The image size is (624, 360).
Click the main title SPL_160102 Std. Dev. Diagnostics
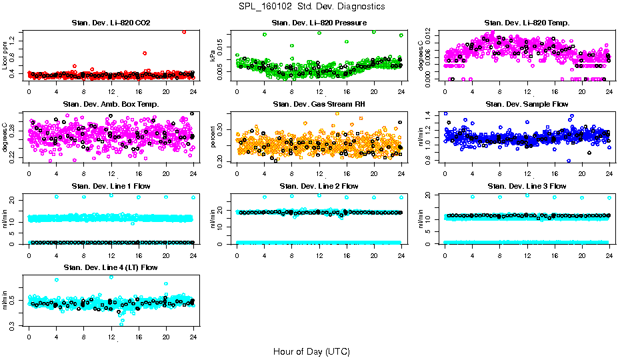coord(311,6)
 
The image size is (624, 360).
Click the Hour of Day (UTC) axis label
coord(311,351)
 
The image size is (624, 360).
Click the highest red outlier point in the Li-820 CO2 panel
coord(184,31)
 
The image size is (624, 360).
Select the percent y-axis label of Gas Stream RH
coord(213,139)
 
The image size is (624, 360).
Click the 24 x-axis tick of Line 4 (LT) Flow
coord(193,337)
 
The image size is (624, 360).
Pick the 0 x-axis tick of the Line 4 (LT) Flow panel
coord(29,337)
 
